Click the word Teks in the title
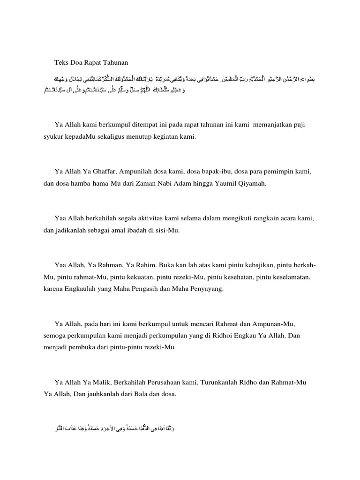click(62, 62)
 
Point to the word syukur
click(48, 137)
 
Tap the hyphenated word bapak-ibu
click(210, 172)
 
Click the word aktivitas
click(168, 218)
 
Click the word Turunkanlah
click(222, 382)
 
